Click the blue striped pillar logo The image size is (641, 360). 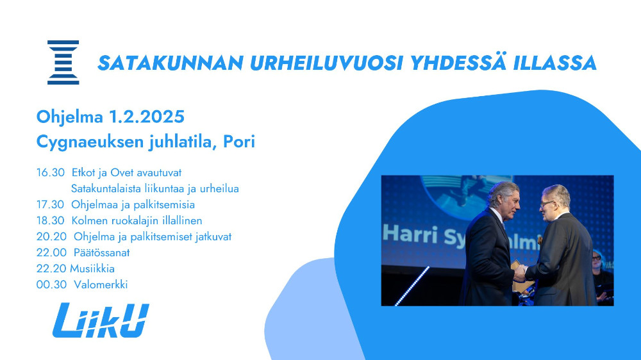(63, 63)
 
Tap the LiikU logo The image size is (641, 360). (101, 320)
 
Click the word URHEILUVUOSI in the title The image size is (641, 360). (326, 63)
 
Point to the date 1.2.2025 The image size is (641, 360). (146, 117)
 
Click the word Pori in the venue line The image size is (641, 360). (238, 142)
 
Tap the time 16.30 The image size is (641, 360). (50, 172)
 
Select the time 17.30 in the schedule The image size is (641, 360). (50, 204)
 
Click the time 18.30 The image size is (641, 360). (50, 220)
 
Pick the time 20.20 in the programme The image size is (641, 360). (51, 236)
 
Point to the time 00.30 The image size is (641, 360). (51, 284)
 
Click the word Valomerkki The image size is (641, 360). (101, 284)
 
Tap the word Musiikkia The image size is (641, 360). (92, 268)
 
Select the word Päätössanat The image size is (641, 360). (101, 252)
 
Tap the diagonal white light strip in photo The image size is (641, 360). (412, 286)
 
